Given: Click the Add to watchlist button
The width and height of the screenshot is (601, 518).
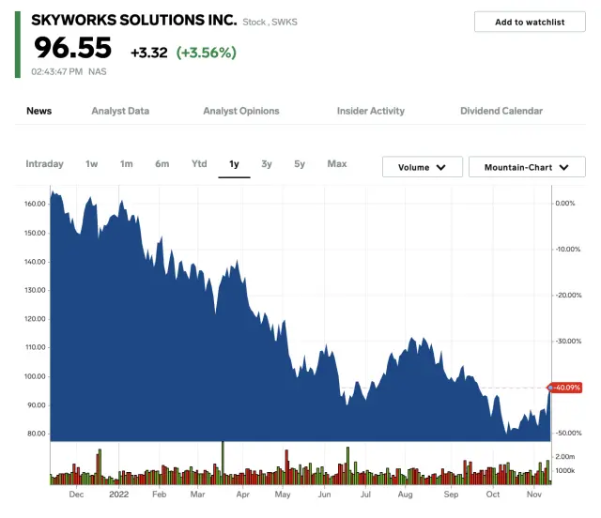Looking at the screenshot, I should [x=530, y=22].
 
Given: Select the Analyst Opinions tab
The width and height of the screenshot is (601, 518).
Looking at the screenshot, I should [x=241, y=111].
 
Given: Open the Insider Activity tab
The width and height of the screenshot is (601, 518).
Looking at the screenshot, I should [x=371, y=111].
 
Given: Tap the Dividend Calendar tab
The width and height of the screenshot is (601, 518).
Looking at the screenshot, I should [x=501, y=111].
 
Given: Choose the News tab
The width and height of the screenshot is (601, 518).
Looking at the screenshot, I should [x=39, y=111].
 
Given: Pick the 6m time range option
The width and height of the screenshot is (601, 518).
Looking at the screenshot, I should [x=162, y=164].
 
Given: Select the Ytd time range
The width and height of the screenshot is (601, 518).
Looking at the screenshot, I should [x=199, y=164].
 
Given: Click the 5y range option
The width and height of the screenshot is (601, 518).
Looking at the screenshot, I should [x=300, y=164].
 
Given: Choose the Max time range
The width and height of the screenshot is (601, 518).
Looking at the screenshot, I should [x=337, y=164].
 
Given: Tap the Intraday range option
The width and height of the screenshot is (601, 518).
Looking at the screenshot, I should [x=44, y=164].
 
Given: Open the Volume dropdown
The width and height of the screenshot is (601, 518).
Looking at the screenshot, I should [x=422, y=167].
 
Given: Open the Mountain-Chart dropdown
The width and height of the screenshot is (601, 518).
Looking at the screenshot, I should [x=527, y=167].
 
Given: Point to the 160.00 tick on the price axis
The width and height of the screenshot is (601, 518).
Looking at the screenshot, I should [x=37, y=204].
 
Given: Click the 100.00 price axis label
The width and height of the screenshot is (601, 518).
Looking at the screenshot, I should [x=37, y=376].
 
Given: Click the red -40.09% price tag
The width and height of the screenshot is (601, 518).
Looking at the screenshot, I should [x=567, y=388].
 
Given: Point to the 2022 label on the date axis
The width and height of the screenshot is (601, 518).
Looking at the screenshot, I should [x=118, y=494].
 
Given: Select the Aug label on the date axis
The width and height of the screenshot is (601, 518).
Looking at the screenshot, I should [x=405, y=494].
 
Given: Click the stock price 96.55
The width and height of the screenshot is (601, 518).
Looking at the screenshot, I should [x=73, y=48].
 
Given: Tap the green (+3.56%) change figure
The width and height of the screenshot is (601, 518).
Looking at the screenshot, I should [x=207, y=53].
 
